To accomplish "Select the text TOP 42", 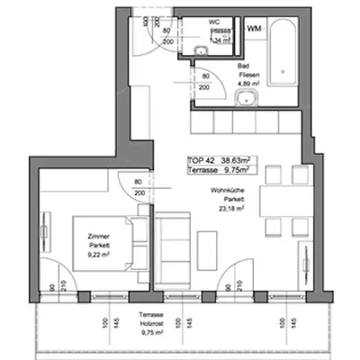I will coord(200,159).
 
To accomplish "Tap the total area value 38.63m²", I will coord(231,159).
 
